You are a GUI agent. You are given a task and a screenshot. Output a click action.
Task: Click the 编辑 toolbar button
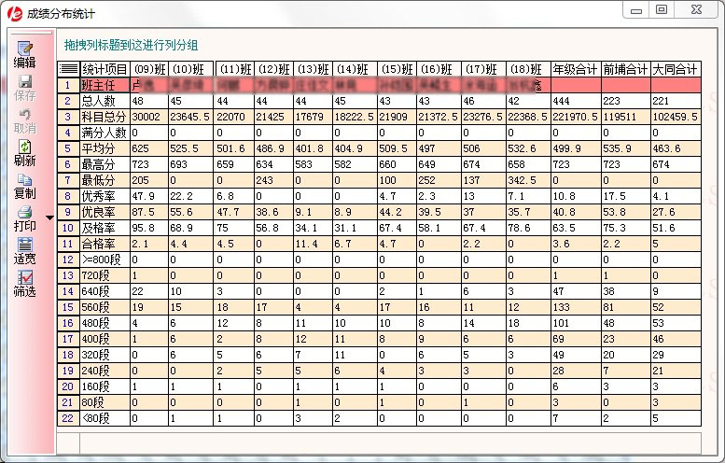[23, 55]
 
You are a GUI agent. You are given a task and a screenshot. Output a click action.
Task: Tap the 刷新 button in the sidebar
[24, 153]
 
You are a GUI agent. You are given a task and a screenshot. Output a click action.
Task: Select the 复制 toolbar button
[24, 186]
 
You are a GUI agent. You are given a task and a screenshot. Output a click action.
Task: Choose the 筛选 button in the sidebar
[24, 284]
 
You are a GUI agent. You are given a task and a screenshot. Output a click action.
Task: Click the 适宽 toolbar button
[24, 251]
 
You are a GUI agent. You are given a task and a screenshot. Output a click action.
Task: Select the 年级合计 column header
[575, 69]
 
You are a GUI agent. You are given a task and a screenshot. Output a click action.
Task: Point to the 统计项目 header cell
[105, 69]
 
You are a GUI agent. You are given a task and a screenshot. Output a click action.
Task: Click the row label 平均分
[105, 148]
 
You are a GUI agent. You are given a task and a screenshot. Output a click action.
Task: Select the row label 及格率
[105, 228]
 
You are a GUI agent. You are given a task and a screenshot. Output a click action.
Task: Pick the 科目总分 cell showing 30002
[148, 117]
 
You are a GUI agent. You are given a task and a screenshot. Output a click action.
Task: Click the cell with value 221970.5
[575, 117]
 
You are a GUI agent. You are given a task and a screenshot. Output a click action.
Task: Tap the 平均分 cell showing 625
[148, 148]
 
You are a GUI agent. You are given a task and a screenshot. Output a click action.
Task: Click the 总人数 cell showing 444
[575, 101]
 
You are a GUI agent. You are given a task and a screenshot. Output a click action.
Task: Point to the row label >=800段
[105, 260]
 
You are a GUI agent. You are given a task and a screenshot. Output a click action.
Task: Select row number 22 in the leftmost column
[68, 418]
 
